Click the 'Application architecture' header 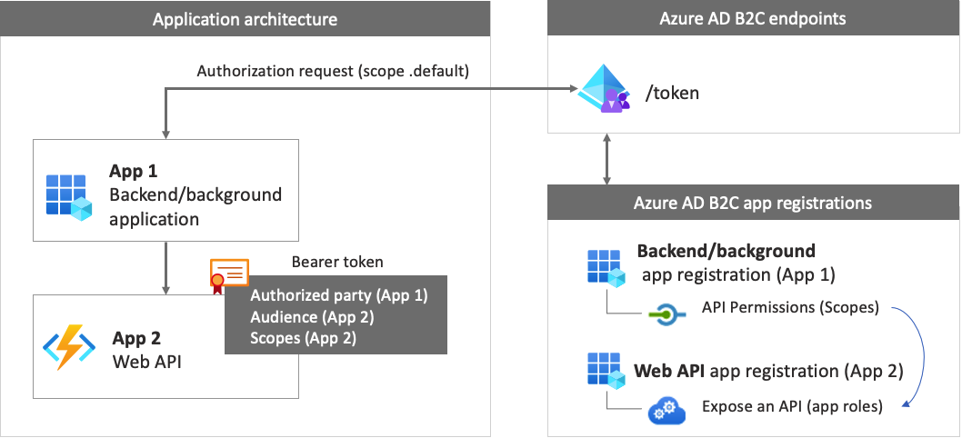point(246,19)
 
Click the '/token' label point(672,93)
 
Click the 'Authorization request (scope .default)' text point(333,71)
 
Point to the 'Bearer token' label point(337,262)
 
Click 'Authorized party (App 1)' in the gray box point(338,295)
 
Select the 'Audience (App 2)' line point(312,317)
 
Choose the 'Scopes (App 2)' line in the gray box point(303,338)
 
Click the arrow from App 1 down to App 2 point(165,267)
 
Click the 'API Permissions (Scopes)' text point(790,307)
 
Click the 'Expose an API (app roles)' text point(792,406)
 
